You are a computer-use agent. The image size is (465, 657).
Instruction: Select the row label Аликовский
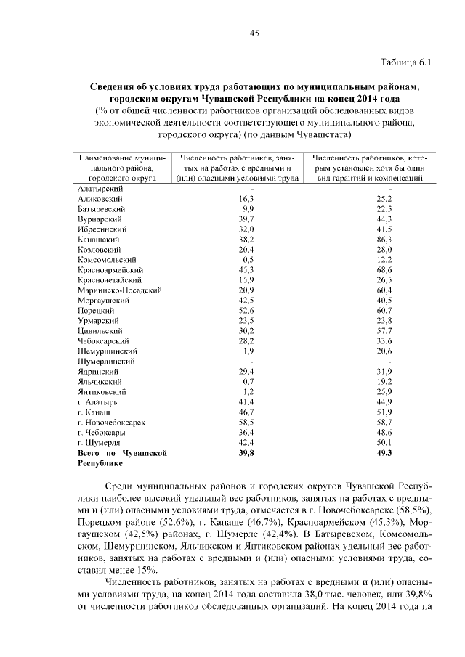point(100,198)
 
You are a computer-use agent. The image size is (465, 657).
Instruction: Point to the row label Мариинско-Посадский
point(119,290)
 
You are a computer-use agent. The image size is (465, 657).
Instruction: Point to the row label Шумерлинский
point(108,361)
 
